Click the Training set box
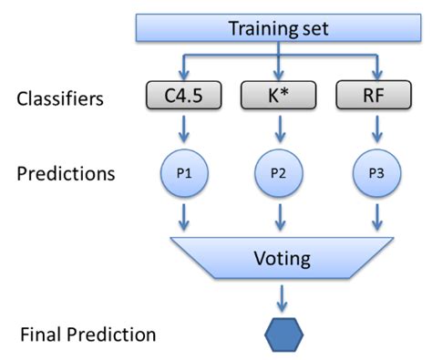[278, 27]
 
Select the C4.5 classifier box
[184, 95]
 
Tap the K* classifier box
[278, 95]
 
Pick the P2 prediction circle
[278, 173]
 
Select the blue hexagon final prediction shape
[283, 334]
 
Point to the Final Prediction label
[87, 334]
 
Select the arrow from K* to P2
[278, 131]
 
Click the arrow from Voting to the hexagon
[282, 296]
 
